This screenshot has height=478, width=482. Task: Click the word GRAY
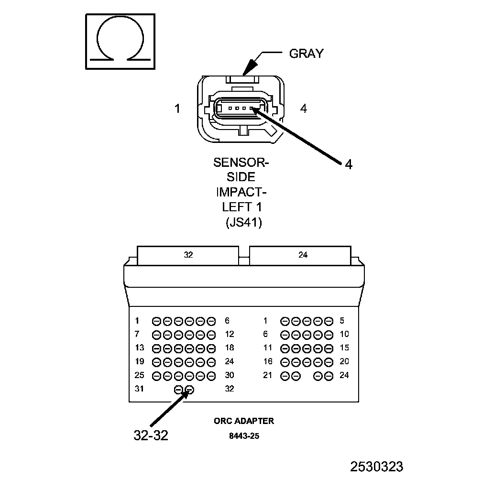point(307,53)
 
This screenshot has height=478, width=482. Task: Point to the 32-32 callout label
point(151,435)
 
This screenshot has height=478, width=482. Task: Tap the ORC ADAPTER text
point(244,421)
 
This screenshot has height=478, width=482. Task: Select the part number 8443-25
point(244,436)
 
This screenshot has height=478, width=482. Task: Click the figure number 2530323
point(377,467)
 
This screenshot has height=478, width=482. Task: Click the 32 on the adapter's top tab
point(188,255)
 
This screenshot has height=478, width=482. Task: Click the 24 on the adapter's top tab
point(303,255)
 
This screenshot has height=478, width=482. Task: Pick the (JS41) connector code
point(243,222)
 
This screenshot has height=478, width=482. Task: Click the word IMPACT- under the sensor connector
point(241,192)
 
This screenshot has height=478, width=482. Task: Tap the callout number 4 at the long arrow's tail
point(349,164)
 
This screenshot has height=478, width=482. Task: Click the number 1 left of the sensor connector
point(177,109)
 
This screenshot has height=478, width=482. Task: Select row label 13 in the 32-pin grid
point(139,348)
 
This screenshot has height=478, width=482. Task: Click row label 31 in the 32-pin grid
point(139,389)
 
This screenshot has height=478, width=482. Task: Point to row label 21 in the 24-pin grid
point(267,375)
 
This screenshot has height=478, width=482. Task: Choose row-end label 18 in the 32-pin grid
point(230,348)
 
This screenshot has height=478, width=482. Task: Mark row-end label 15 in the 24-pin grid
point(344,348)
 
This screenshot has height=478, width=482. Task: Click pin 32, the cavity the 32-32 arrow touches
point(190,390)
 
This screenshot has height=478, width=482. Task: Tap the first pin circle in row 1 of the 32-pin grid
point(156,321)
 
